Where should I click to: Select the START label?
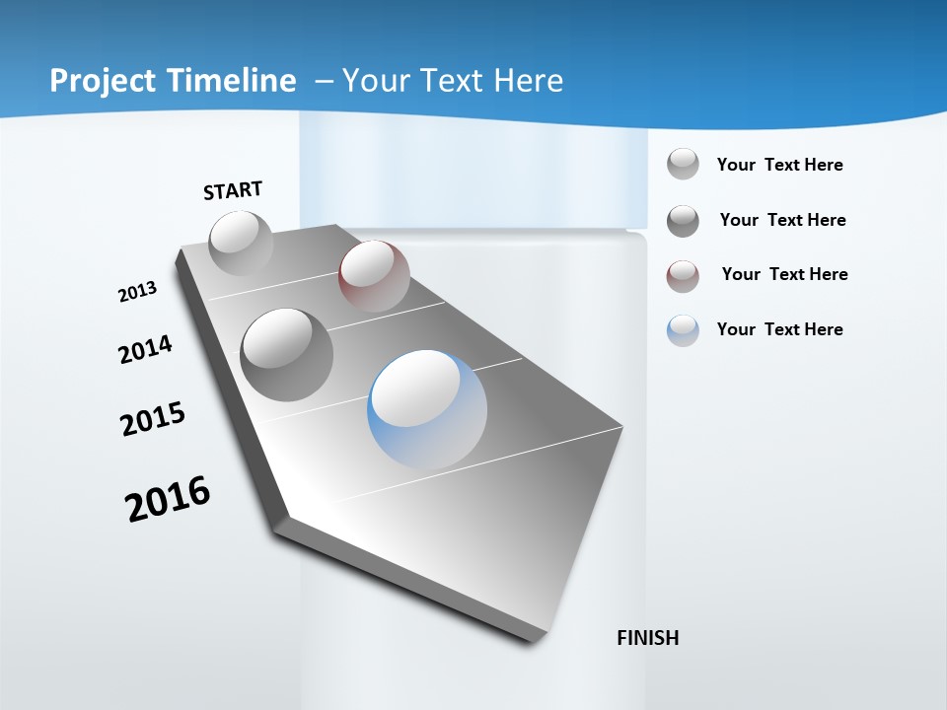233,190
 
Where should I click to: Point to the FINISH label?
648,638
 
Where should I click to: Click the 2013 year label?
137,292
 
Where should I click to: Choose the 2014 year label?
145,349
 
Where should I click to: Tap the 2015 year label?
153,419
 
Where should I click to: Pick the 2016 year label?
168,498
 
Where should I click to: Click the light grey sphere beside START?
241,243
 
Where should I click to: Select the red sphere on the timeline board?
374,276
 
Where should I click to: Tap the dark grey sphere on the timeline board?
287,354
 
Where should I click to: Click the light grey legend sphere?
683,164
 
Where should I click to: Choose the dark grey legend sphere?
683,221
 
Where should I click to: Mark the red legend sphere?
683,276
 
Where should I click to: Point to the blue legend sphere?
683,330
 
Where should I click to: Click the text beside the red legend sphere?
784,274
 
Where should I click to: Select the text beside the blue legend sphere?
779,329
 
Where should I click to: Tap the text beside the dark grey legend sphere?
782,220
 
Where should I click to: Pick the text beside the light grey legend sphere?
779,165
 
